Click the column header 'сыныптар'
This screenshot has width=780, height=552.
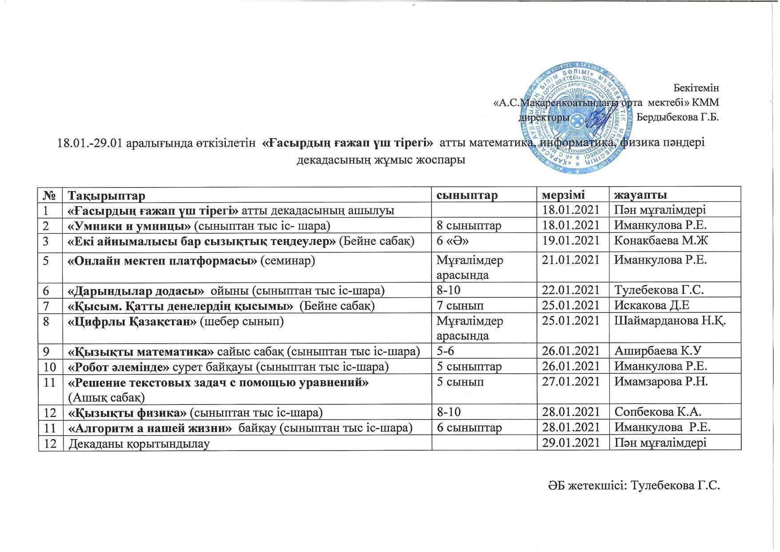[466, 195]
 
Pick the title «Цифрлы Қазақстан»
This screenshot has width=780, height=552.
[132, 321]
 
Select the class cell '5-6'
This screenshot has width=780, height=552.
[446, 351]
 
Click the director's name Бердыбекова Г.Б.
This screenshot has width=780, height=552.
[677, 117]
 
